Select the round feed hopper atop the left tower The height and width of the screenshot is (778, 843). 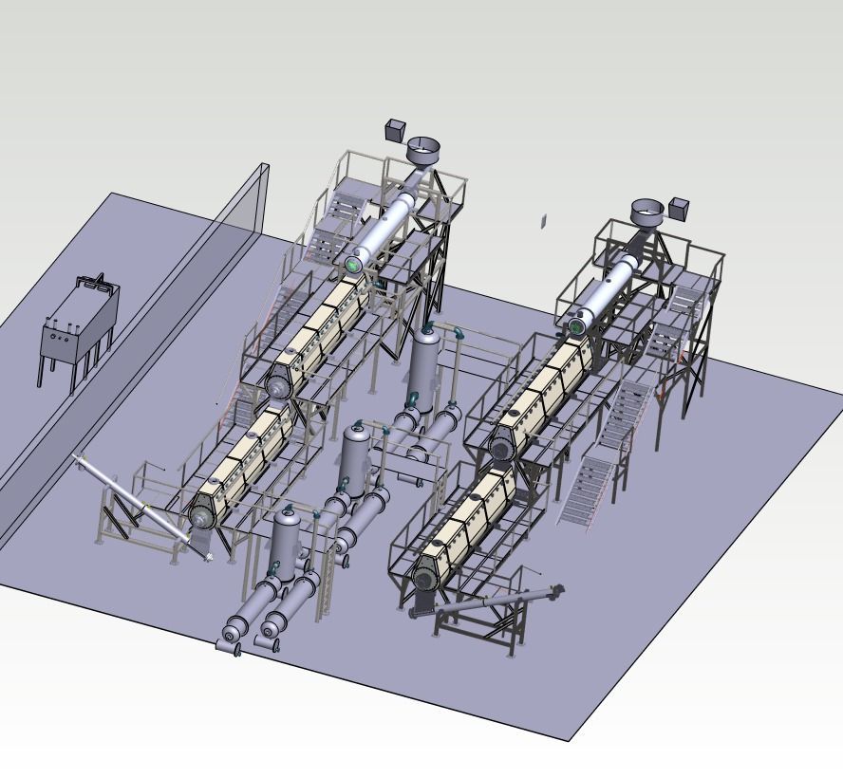click(423, 150)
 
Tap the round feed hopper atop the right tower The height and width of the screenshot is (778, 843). click(647, 212)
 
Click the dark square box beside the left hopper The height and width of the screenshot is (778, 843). click(396, 130)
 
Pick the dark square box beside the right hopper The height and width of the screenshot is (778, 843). click(679, 207)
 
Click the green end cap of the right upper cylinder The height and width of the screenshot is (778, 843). click(575, 327)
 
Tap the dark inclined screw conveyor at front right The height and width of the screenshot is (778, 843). click(489, 602)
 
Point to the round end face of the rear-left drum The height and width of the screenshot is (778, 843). click(277, 387)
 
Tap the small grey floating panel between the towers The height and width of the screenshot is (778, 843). click(544, 221)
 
